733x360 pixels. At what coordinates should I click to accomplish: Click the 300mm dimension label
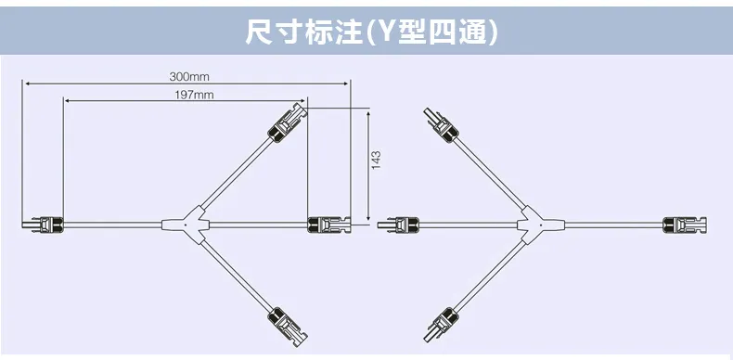(189, 76)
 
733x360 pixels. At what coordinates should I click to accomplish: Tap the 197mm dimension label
(195, 95)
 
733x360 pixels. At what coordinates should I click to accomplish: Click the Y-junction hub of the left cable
(186, 225)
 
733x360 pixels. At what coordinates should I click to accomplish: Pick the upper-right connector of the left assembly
(288, 122)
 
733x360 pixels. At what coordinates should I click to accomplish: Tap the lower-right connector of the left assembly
(288, 328)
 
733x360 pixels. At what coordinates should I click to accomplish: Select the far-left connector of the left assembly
(43, 225)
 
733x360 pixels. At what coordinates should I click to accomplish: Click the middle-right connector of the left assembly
(329, 225)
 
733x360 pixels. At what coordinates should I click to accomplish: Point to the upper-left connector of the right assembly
(441, 125)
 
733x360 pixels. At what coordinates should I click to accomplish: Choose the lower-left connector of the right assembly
(441, 325)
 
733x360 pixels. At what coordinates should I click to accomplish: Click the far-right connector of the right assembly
(685, 225)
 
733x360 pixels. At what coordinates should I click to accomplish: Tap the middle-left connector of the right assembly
(398, 225)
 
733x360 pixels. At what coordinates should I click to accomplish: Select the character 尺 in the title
(259, 32)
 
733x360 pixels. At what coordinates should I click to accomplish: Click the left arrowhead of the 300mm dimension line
(28, 84)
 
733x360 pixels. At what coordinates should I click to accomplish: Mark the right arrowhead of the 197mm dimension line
(302, 100)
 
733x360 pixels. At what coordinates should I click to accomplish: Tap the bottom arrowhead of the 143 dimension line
(368, 217)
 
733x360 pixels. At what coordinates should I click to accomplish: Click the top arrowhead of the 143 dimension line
(368, 115)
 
